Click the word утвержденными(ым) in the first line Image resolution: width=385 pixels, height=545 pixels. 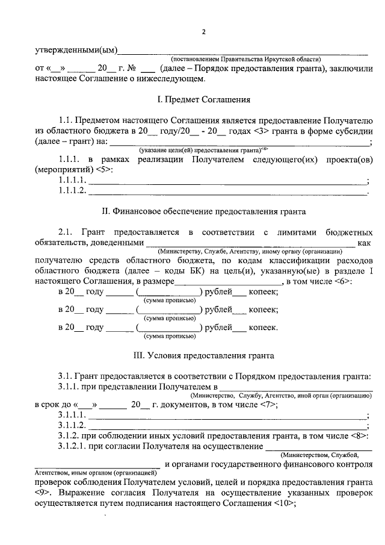[75, 49]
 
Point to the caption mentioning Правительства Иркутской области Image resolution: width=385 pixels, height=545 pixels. [246, 59]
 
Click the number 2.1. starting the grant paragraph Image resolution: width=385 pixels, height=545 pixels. [66, 232]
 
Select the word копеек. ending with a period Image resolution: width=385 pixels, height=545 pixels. [263, 328]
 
